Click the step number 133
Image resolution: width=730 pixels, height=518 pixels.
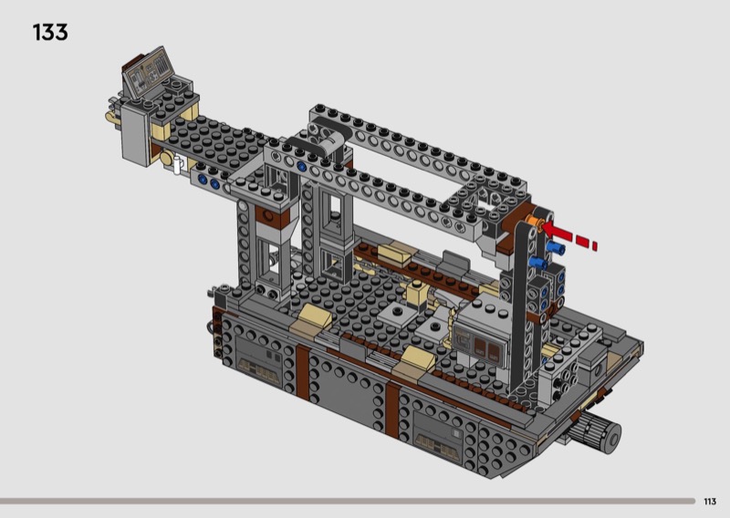(x=50, y=33)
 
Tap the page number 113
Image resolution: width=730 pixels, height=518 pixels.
(x=710, y=502)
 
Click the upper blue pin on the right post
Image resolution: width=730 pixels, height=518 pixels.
(x=556, y=247)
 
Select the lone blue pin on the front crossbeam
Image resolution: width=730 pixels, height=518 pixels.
(x=301, y=166)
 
